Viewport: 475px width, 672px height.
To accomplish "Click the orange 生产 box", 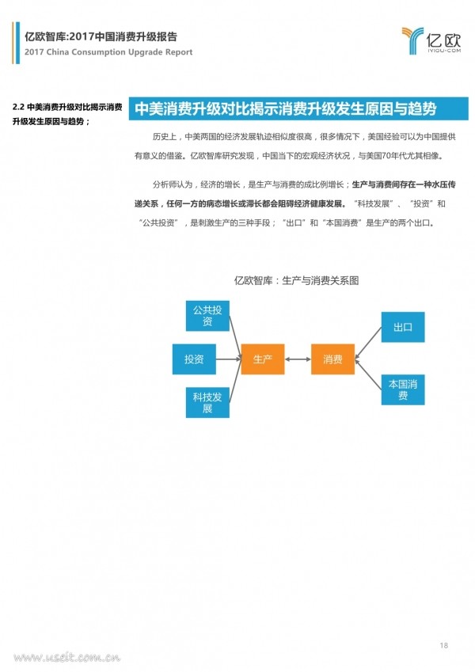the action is tap(263, 359).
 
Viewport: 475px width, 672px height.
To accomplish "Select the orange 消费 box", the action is tap(332, 359).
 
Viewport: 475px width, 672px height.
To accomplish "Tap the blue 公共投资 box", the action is tap(207, 316).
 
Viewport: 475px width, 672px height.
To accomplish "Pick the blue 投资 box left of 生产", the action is tap(194, 359).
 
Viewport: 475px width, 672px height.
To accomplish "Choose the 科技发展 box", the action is tap(207, 402).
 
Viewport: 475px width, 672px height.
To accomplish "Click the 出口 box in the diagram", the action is tap(403, 327).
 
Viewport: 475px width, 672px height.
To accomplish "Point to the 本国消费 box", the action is tap(403, 389).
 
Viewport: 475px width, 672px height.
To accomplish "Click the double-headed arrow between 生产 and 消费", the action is tap(298, 359).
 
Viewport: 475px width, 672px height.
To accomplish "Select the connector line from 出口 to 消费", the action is tap(368, 343).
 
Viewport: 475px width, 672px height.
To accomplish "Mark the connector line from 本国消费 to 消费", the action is tap(368, 374).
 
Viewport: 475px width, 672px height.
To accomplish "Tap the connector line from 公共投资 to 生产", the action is tap(235, 337).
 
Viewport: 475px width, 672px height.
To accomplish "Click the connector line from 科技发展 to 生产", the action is tap(235, 381).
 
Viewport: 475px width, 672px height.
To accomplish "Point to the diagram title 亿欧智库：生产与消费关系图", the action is tap(296, 281).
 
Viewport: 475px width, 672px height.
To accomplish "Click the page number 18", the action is tap(443, 645).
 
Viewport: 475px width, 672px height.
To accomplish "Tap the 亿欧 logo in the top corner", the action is tap(431, 40).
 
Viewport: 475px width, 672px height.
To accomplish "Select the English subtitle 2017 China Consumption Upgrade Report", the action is tap(108, 52).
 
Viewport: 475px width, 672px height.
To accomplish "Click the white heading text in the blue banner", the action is tap(286, 109).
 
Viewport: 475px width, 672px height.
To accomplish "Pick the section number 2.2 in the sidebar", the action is tap(18, 107).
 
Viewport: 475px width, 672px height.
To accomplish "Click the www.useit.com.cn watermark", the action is tap(66, 657).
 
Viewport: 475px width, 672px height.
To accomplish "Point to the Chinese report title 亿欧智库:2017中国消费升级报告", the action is tap(101, 37).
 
